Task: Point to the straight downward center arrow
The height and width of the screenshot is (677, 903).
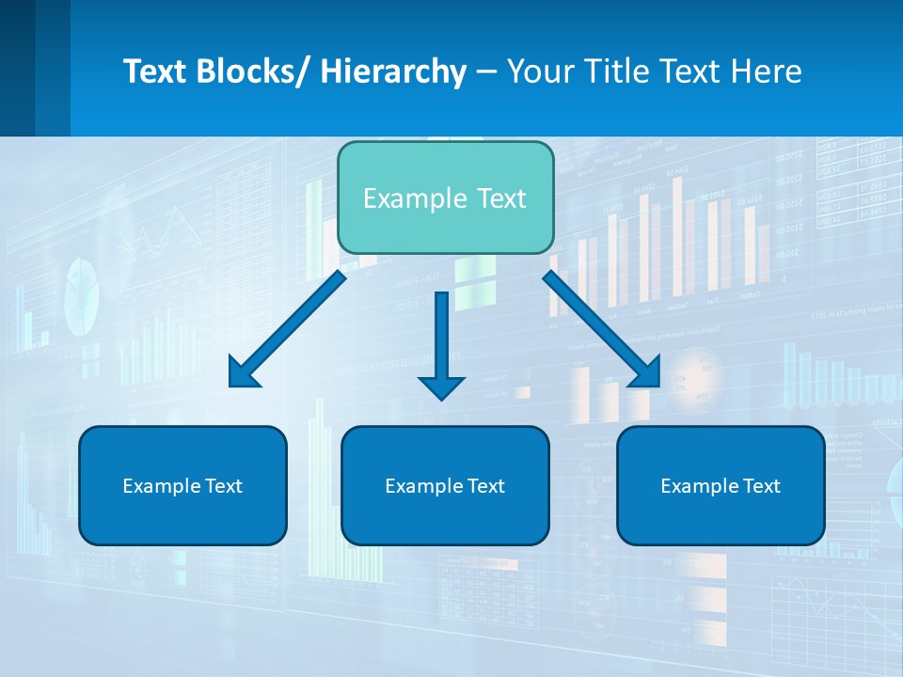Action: (x=441, y=338)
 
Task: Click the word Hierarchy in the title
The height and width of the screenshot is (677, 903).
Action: (x=393, y=71)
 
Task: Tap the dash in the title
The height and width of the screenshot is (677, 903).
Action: (x=486, y=71)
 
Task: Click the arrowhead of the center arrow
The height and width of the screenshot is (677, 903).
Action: (x=441, y=386)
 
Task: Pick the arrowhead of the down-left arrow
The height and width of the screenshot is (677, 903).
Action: (x=242, y=373)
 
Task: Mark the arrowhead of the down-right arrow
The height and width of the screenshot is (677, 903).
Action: (x=647, y=373)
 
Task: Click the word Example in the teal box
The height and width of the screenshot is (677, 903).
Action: (x=407, y=198)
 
